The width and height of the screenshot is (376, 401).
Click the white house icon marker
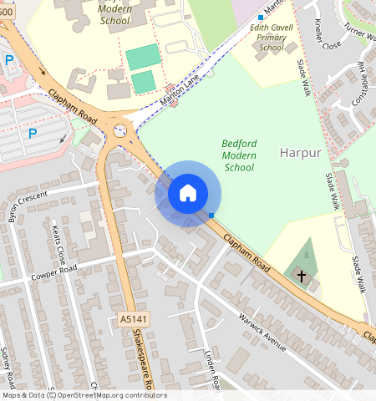click(188, 193)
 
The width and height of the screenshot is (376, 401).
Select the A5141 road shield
click(129, 319)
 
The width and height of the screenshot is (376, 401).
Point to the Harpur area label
click(301, 153)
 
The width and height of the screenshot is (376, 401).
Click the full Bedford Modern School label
click(239, 155)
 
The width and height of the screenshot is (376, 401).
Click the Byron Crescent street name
click(28, 205)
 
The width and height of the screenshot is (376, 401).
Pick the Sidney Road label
click(9, 368)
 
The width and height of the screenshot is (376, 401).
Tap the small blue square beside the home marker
click(212, 216)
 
